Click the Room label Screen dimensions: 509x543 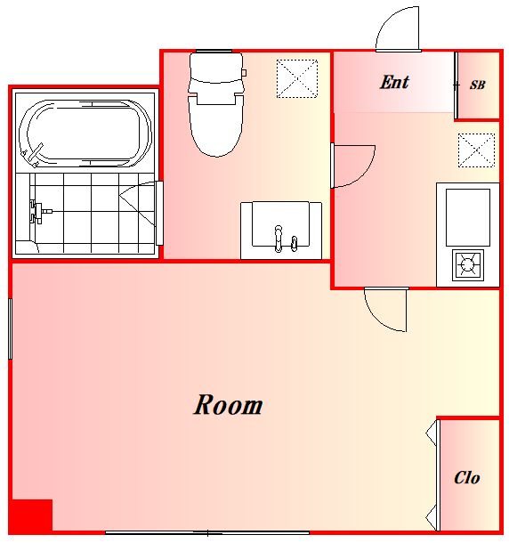click(x=228, y=404)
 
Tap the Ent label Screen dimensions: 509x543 click(x=394, y=83)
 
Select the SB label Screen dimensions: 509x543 click(x=478, y=85)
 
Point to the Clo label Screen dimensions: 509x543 click(x=467, y=478)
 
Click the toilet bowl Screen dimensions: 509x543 click(x=215, y=126)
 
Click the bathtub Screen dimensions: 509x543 click(x=85, y=134)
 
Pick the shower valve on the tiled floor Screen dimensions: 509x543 click(x=40, y=211)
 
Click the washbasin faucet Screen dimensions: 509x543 click(x=278, y=239)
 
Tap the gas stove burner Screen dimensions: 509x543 click(x=467, y=265)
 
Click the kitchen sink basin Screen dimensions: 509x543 click(x=468, y=217)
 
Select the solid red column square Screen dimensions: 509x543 click(x=32, y=515)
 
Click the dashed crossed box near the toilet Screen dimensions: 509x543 click(x=297, y=78)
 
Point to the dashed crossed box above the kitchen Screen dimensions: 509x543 click(x=476, y=150)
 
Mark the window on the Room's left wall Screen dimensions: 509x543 click(x=11, y=328)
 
